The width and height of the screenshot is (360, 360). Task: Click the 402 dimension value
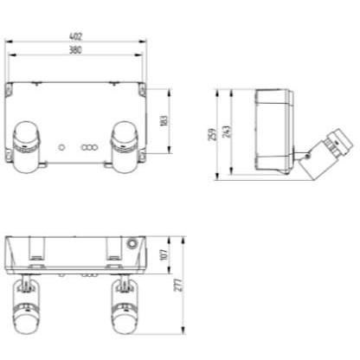click(75, 36)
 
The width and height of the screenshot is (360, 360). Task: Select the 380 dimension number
click(75, 50)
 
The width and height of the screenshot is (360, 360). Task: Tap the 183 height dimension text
click(164, 121)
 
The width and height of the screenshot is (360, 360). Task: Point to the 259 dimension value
click(212, 134)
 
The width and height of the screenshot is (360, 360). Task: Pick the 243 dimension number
click(227, 132)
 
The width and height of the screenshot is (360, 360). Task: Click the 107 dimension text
click(164, 254)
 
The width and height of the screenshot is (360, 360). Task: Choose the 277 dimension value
click(179, 285)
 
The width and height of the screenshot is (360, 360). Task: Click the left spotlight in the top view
click(26, 147)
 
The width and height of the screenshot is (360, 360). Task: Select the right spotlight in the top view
click(125, 147)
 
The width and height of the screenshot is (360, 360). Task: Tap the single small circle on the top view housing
click(61, 147)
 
